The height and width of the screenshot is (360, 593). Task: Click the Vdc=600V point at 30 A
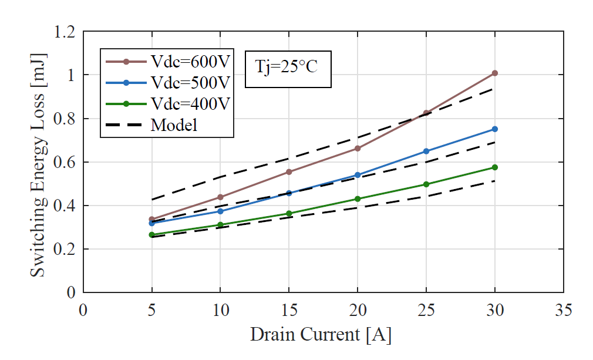point(495,73)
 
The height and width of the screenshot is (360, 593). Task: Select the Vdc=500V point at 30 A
point(495,129)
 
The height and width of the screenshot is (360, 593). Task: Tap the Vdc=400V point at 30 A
point(495,167)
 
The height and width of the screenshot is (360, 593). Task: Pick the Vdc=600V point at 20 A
point(358,148)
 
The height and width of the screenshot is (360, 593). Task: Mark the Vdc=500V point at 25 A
point(426,151)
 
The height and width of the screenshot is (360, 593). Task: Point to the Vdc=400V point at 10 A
point(220,225)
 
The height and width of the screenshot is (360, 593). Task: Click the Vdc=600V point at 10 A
point(220,197)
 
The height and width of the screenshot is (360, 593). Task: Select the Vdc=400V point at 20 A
point(358,198)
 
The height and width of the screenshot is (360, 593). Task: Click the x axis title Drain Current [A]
point(321,335)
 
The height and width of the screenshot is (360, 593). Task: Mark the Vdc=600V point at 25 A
point(426,113)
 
